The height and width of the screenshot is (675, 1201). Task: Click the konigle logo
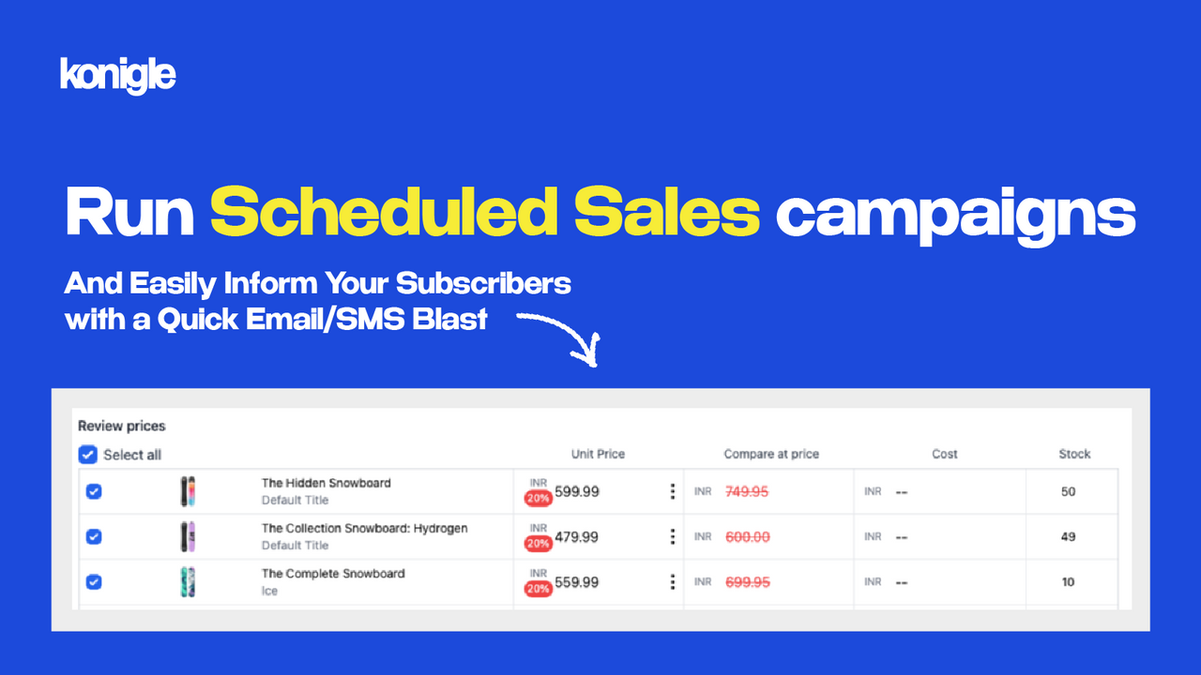(x=117, y=75)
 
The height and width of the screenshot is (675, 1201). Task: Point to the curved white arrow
(x=561, y=336)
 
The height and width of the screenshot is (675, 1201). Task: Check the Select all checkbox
(x=87, y=455)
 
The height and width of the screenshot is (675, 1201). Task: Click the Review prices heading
(x=121, y=426)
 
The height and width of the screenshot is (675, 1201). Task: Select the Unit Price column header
(x=598, y=454)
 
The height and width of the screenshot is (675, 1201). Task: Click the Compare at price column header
(x=771, y=454)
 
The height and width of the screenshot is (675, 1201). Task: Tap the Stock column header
(x=1074, y=454)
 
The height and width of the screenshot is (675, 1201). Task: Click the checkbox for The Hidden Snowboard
(x=94, y=491)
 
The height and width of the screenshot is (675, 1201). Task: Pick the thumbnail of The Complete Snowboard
(x=188, y=582)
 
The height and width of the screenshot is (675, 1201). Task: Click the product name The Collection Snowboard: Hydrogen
(x=364, y=528)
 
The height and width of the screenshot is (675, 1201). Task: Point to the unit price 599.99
(x=577, y=491)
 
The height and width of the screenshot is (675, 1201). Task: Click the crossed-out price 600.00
(x=748, y=536)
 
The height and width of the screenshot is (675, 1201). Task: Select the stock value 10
(x=1068, y=582)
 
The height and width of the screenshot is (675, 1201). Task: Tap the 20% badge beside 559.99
(x=538, y=589)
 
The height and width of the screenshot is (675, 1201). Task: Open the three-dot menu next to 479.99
(x=672, y=536)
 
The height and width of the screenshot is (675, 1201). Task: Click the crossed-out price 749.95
(x=747, y=491)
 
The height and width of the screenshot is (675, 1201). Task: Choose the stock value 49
(x=1068, y=536)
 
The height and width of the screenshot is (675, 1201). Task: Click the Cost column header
(x=945, y=454)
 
